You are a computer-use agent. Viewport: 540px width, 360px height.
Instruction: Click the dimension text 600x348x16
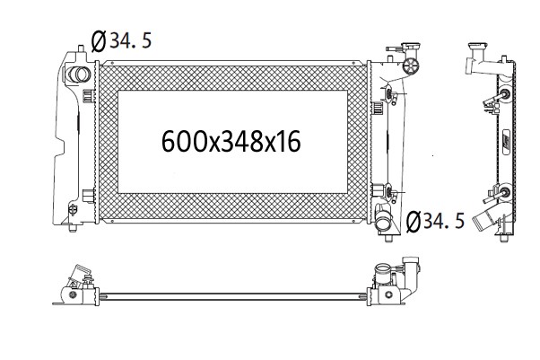tap(231, 141)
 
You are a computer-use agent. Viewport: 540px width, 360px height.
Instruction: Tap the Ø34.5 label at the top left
tap(121, 41)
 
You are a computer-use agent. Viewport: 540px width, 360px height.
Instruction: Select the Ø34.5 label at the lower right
tap(435, 221)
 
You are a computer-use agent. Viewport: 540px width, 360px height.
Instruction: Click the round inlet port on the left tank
tap(79, 75)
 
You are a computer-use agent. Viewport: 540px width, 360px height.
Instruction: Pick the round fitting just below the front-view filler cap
tap(411, 65)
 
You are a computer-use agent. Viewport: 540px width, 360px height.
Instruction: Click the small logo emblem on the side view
tap(506, 134)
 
